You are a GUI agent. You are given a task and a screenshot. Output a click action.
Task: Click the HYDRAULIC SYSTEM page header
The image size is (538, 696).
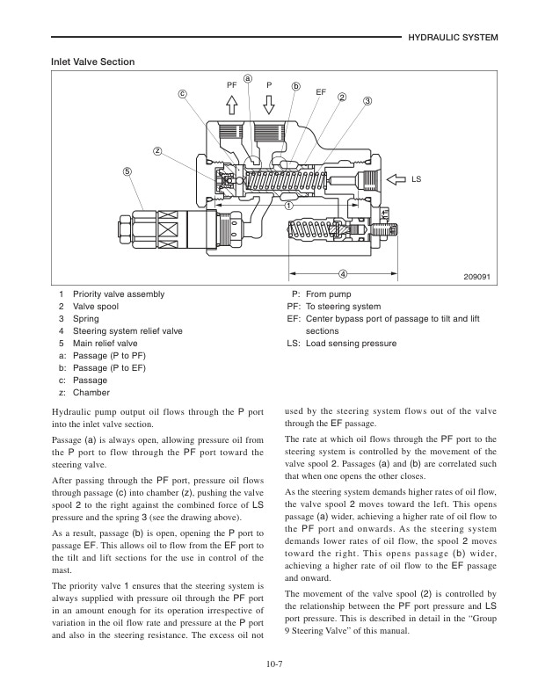(x=454, y=39)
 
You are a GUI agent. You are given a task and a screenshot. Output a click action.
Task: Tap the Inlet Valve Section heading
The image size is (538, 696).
(x=94, y=62)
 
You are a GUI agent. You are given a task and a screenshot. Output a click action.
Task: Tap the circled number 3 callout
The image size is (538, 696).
(x=367, y=101)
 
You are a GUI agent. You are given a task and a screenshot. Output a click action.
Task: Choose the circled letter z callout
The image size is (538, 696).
(x=157, y=150)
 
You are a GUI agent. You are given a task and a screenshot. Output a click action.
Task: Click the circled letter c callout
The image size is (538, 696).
(x=183, y=93)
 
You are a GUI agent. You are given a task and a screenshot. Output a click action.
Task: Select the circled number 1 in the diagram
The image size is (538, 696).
(x=287, y=206)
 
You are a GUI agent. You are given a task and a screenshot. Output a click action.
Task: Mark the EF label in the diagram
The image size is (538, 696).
(x=321, y=91)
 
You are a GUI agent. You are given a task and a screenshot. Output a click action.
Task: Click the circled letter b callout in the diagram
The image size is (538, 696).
(x=296, y=86)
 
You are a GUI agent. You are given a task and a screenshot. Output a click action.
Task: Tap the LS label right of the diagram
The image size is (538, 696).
(x=417, y=180)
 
